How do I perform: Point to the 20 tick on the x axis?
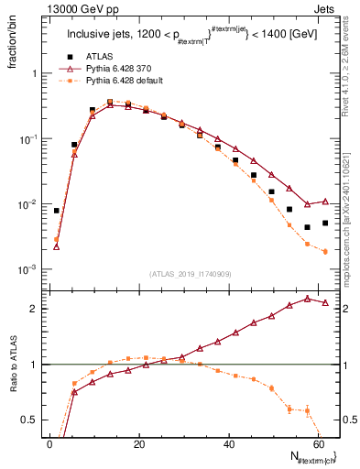[139, 444]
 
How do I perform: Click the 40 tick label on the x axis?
[229, 444]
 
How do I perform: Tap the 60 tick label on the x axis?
[319, 444]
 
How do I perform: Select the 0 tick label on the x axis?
[49, 444]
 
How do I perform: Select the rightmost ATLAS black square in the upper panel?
[325, 223]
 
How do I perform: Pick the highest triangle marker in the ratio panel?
[308, 298]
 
